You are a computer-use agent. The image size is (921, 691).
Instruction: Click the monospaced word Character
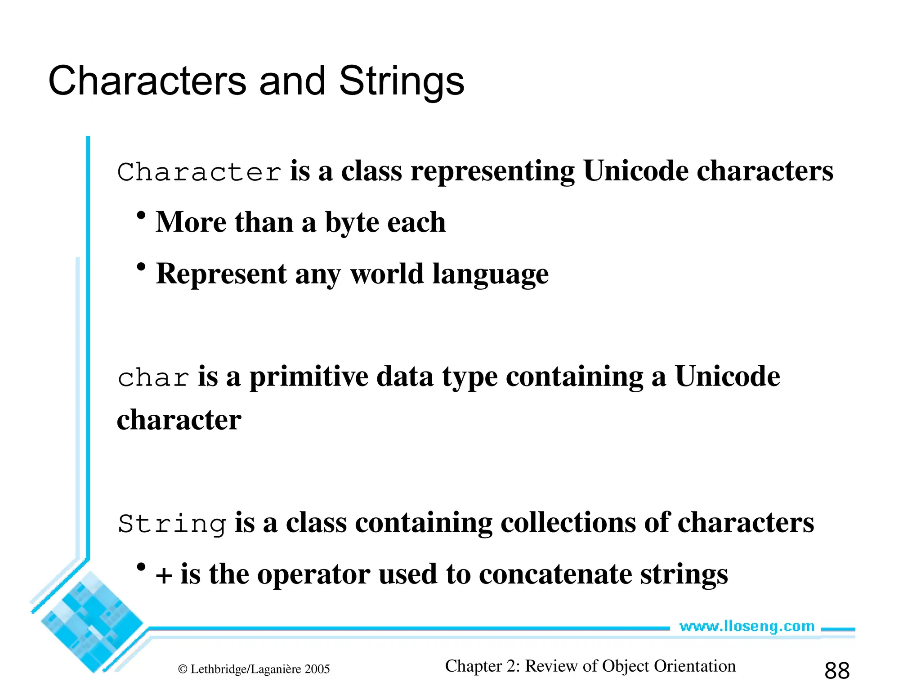(199, 172)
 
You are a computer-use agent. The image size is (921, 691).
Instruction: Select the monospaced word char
(153, 378)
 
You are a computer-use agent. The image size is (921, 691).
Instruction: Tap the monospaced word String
(171, 524)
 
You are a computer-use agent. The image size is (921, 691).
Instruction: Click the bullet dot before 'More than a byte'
(141, 215)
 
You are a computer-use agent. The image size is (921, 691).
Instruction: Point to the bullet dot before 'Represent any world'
(141, 267)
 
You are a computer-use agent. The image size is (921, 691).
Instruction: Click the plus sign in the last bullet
(164, 576)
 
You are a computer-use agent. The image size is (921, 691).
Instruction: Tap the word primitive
(308, 377)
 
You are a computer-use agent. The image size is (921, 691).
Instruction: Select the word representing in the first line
(492, 172)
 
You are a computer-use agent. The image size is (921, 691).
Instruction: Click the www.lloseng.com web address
(747, 626)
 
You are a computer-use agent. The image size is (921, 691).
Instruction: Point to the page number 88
(837, 671)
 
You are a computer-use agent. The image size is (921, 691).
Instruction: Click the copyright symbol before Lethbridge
(183, 669)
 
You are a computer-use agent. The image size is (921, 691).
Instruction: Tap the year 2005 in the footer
(317, 669)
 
